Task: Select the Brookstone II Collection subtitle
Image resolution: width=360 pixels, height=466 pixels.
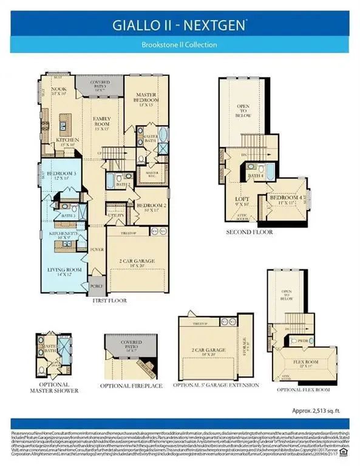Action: coord(180,45)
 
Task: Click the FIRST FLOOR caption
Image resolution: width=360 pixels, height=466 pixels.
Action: coord(109,300)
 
